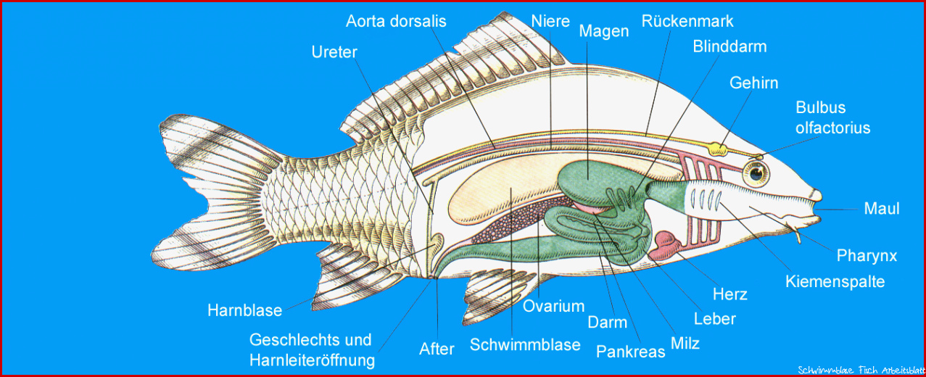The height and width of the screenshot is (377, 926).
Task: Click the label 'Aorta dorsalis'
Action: pyautogui.click(x=396, y=22)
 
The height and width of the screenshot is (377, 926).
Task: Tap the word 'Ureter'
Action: pyautogui.click(x=334, y=52)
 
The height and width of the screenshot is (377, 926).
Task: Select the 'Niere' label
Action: pyautogui.click(x=550, y=21)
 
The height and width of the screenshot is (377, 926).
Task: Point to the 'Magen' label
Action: pyautogui.click(x=603, y=31)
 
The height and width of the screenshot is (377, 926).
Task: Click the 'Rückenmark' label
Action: pyautogui.click(x=687, y=21)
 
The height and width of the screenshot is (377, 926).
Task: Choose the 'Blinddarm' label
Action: pyautogui.click(x=729, y=46)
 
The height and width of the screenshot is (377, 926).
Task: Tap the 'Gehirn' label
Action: pyautogui.click(x=753, y=83)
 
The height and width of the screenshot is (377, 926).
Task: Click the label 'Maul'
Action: pyautogui.click(x=881, y=208)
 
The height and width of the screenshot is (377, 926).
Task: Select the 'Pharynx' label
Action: pyautogui.click(x=867, y=256)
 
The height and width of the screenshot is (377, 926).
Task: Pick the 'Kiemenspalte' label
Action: pyautogui.click(x=835, y=281)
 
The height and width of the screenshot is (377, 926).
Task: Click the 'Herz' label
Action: pyautogui.click(x=729, y=294)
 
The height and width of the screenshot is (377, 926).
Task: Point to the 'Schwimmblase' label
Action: pyautogui.click(x=525, y=345)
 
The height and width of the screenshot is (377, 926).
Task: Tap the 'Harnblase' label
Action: pyautogui.click(x=244, y=310)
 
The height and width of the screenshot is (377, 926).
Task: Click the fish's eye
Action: pyautogui.click(x=756, y=174)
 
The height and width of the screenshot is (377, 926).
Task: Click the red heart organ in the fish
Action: pyautogui.click(x=665, y=245)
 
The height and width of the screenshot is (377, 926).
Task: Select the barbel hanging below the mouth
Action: pyautogui.click(x=794, y=231)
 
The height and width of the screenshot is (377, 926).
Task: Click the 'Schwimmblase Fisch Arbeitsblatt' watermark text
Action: pyautogui.click(x=861, y=370)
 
